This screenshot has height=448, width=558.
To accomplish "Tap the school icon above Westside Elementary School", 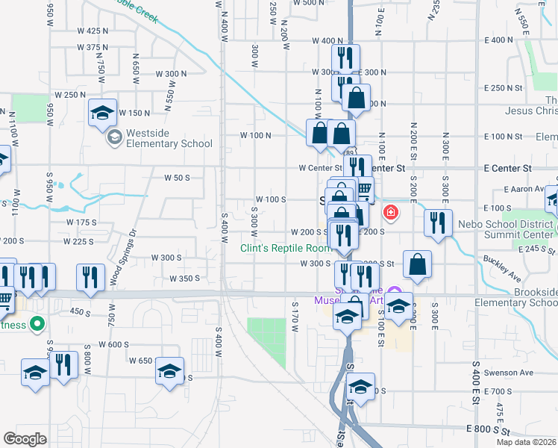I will coord(102,113).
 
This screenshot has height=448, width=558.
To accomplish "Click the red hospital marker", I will coord(389,214).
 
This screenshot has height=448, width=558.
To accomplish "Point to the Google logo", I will coord(25,439).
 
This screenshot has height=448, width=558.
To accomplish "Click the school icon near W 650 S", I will coord(169,370).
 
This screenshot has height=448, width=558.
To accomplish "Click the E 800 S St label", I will coord(490,429).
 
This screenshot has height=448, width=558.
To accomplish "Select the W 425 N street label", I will coord(93,31).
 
